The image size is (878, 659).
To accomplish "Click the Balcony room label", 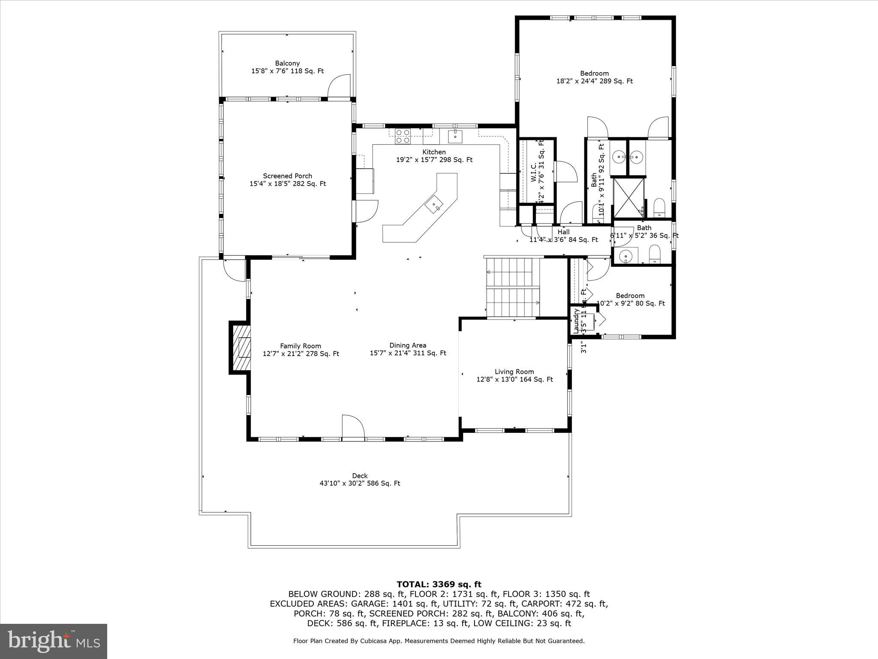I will point(287,63).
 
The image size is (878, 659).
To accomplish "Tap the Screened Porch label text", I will point(287,176).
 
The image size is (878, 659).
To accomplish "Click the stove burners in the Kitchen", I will point(403,136).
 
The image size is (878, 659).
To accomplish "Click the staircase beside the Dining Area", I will point(512,287).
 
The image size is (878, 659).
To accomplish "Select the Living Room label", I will point(514,372).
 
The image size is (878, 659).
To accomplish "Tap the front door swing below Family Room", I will point(353,427).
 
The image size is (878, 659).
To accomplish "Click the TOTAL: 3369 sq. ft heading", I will point(439,584).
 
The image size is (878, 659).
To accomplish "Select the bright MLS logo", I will point(54,641).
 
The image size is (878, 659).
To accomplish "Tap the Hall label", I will point(563,232).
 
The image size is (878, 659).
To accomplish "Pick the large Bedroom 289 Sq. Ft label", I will point(594,73).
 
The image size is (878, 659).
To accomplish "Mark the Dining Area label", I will point(408,345).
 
